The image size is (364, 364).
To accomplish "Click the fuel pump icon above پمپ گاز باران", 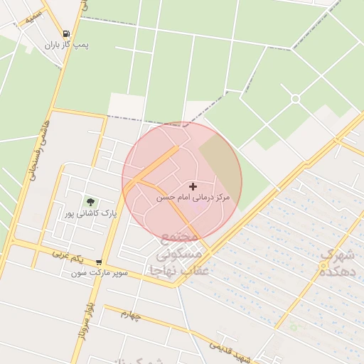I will [66, 33].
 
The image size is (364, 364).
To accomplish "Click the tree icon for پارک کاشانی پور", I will [90, 203].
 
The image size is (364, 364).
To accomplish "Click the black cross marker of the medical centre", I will [192, 186].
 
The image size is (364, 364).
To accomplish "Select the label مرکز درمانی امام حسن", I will [193, 197].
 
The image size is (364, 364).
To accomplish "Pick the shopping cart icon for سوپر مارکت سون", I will [98, 262].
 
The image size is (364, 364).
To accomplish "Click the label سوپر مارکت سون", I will [99, 272].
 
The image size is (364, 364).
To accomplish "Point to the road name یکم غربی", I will [70, 254].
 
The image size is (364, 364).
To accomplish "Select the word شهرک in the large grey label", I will [336, 254].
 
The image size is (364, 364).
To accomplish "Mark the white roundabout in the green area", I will [295, 98].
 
